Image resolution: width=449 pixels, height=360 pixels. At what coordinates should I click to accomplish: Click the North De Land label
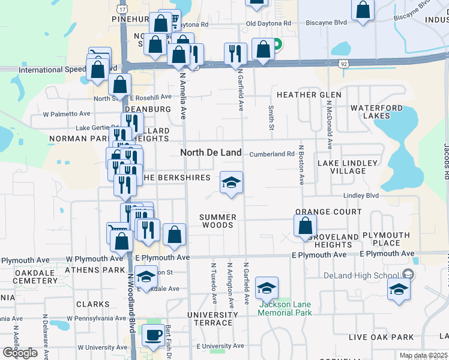coord(211,152)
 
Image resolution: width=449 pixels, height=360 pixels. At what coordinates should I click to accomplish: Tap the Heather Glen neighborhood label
coord(309,95)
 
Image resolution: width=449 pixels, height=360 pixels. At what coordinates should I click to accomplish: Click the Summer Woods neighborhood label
coord(217,221)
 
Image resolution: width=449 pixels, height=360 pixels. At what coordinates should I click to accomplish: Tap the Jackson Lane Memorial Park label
coord(286,308)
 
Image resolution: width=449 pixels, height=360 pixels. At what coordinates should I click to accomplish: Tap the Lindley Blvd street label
coord(361,196)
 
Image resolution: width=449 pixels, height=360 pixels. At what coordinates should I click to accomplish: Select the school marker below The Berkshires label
coord(231,182)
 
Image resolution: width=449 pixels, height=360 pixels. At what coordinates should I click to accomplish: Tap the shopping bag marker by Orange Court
coord(305,225)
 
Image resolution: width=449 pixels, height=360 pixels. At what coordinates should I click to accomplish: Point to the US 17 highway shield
coord(123,10)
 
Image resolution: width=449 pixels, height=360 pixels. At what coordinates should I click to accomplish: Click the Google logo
coord(20,353)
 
